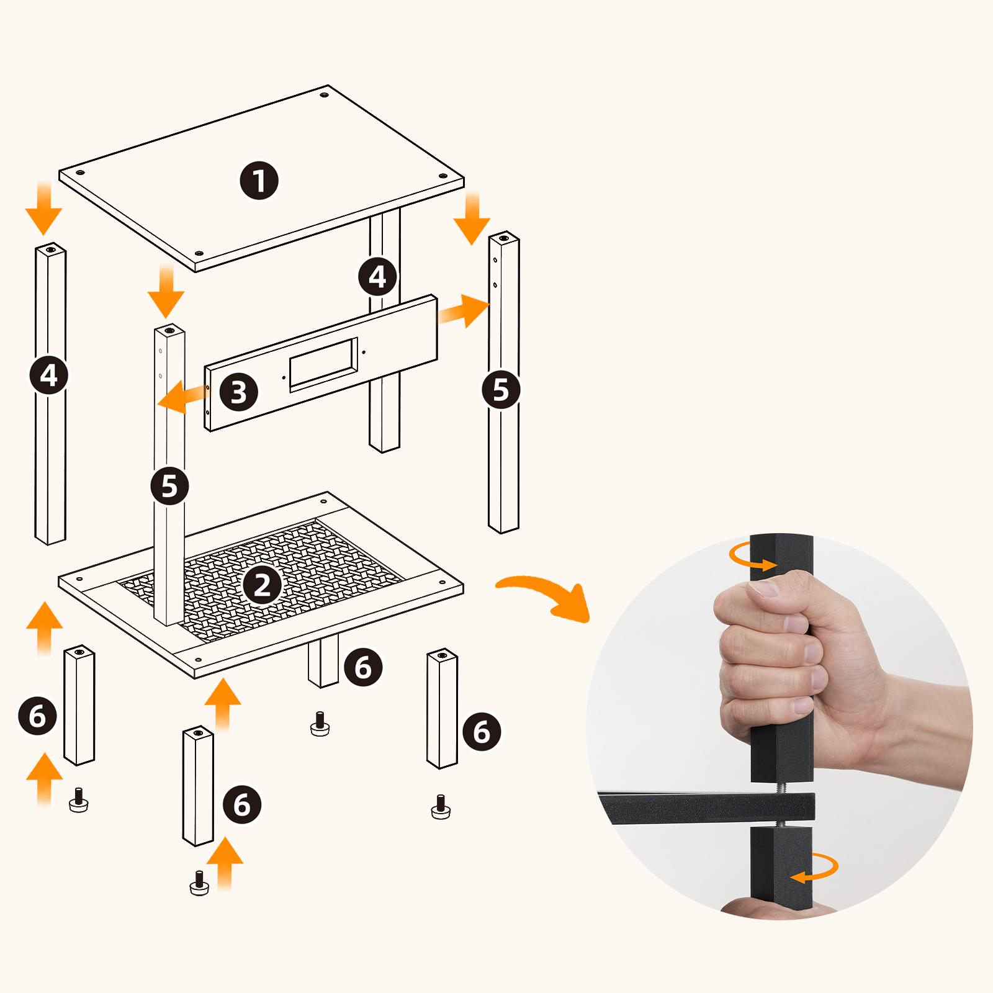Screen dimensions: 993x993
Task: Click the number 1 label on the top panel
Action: point(259,181)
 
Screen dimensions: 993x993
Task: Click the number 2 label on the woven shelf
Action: point(262,585)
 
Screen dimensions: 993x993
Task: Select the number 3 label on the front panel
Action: point(239,392)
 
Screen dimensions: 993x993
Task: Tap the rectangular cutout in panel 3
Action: point(323,364)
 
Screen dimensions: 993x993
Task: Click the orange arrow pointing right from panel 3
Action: point(462,311)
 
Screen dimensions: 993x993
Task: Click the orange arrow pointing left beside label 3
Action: point(182,397)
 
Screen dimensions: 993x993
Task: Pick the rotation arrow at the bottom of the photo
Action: point(814,868)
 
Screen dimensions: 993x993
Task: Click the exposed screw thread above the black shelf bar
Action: point(781,788)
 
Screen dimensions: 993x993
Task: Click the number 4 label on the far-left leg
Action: point(48,375)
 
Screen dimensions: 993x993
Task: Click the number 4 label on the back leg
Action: point(377,277)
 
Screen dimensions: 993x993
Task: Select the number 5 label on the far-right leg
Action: point(500,390)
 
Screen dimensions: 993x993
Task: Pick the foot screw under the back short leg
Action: point(320,724)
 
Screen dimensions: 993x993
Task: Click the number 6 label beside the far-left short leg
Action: point(37,716)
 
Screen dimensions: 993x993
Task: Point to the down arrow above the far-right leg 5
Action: point(472,218)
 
